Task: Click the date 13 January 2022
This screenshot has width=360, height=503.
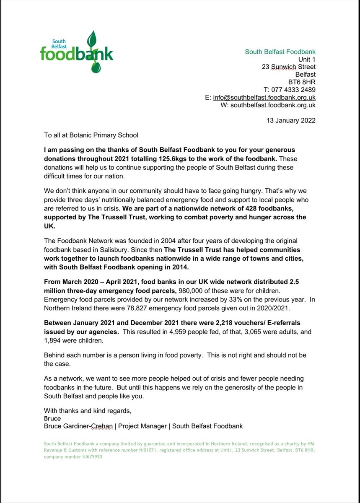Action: coord(291,120)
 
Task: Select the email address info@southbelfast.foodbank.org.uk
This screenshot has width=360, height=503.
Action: coord(264,97)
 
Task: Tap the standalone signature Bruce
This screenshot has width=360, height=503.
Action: coord(52,418)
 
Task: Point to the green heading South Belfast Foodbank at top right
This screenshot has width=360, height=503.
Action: coord(280,52)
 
